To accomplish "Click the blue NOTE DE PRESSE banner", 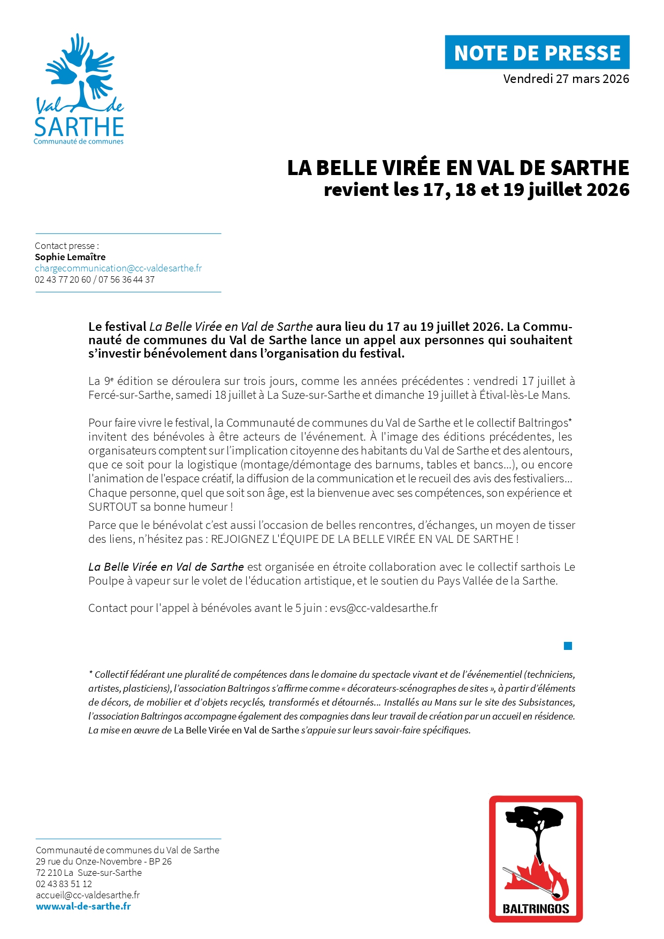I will click(537, 52).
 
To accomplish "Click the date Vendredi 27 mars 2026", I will click(566, 79).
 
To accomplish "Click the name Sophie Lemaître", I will click(70, 257).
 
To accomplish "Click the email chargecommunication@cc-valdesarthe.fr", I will click(118, 268).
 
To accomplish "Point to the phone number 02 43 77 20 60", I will click(63, 279).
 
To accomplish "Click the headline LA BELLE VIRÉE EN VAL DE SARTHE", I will click(458, 168).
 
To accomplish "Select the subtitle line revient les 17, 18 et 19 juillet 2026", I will click(476, 190).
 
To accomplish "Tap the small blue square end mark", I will click(568, 646).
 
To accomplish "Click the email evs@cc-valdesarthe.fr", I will click(384, 608).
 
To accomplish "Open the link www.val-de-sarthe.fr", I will click(83, 906).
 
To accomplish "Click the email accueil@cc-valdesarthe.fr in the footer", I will click(88, 895).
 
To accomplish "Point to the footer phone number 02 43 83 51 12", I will click(64, 884).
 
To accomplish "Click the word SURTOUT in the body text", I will click(112, 507).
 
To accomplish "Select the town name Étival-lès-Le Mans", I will click(524, 395).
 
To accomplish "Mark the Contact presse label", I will click(66, 246).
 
